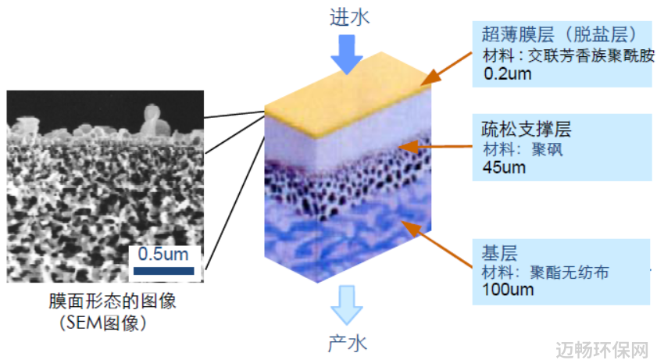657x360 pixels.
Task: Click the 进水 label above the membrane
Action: (x=349, y=18)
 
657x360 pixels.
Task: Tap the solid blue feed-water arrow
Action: (x=347, y=54)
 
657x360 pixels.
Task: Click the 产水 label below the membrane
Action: (x=348, y=344)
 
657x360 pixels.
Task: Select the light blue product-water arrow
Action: (x=347, y=305)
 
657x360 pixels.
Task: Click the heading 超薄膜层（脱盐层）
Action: (x=562, y=34)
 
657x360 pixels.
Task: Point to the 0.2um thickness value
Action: (x=508, y=73)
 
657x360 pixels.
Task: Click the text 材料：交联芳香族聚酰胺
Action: (x=568, y=55)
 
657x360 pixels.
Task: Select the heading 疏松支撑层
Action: (x=526, y=129)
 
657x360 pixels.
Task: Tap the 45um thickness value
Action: (x=504, y=167)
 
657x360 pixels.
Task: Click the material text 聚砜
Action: (x=547, y=149)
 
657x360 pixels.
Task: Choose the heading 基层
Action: (x=499, y=253)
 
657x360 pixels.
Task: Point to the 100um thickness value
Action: (x=508, y=289)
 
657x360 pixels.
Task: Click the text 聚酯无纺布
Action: (x=570, y=273)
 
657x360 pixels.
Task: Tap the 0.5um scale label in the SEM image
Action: (x=163, y=254)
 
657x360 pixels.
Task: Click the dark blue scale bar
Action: (x=164, y=271)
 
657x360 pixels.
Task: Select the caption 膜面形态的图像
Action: (x=112, y=301)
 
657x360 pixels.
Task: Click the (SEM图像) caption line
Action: (x=103, y=323)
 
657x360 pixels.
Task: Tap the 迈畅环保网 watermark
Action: (x=602, y=350)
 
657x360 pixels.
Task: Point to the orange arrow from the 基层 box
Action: (x=437, y=244)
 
